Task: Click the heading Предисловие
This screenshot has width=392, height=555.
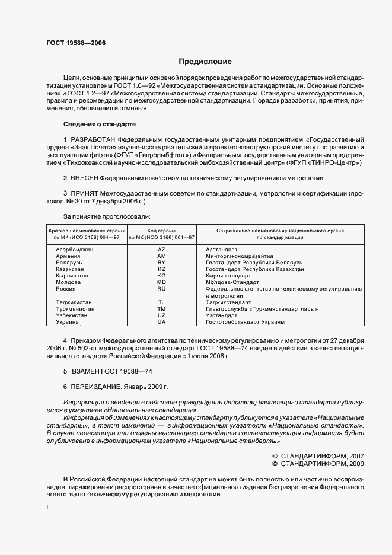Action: click(x=205, y=62)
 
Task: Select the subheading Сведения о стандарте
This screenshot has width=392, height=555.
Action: click(x=100, y=124)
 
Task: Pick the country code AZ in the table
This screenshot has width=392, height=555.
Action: click(x=161, y=250)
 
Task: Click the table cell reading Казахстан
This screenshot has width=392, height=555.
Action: click(x=69, y=269)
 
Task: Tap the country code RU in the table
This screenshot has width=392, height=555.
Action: click(x=161, y=289)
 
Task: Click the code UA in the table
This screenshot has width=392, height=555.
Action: click(x=161, y=322)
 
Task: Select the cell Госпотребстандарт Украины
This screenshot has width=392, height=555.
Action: click(x=245, y=322)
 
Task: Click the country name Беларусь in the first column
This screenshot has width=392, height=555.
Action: click(x=68, y=263)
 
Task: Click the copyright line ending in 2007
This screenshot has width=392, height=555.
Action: click(x=318, y=456)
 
